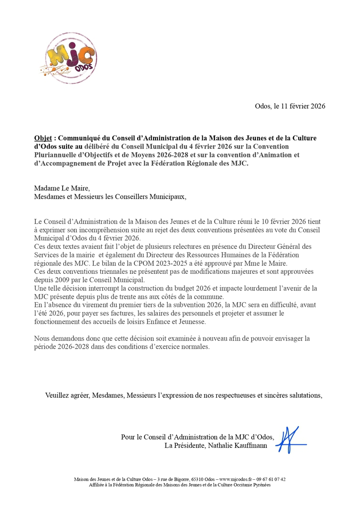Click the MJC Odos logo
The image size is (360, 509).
pos(71,58)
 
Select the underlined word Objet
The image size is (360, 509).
pos(43,139)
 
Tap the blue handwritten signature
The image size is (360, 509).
pos(289,440)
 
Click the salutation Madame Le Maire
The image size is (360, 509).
pos(62,189)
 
